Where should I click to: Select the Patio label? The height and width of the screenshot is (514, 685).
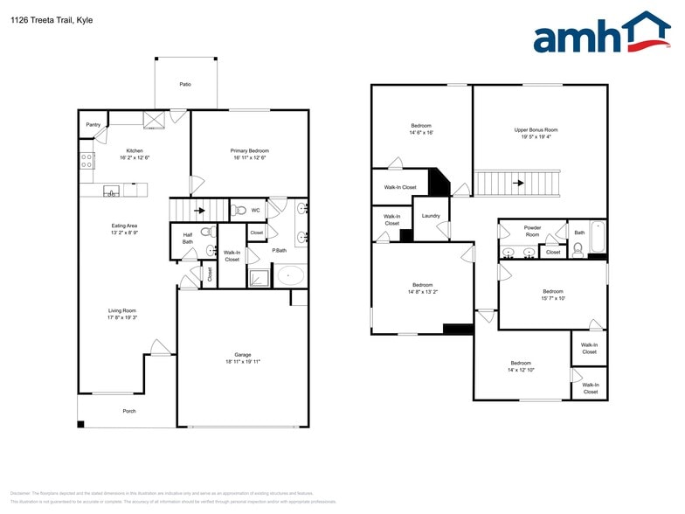(185, 84)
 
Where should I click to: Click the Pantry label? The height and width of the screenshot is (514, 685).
(93, 124)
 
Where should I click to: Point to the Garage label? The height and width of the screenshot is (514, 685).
(242, 354)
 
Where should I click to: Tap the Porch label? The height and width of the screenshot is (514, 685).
(128, 411)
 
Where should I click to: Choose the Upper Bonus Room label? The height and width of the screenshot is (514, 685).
(536, 129)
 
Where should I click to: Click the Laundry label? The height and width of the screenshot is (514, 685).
(430, 215)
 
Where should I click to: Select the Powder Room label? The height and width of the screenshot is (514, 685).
(532, 231)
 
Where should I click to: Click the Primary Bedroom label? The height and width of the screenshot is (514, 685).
(250, 150)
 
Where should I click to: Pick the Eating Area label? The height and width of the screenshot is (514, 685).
(124, 226)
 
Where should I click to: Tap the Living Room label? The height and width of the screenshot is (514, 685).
(121, 310)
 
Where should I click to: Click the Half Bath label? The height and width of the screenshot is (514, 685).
(187, 238)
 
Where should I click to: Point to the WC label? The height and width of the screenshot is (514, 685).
(255, 210)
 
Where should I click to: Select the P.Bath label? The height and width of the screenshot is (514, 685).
(280, 251)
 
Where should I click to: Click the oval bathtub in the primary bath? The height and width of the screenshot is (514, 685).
(290, 276)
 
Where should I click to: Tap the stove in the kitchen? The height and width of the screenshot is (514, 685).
(87, 160)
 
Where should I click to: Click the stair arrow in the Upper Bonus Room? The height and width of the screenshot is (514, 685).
(517, 184)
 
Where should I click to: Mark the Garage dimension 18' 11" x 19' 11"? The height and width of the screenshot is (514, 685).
(242, 361)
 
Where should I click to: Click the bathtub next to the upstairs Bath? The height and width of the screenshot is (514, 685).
(597, 236)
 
